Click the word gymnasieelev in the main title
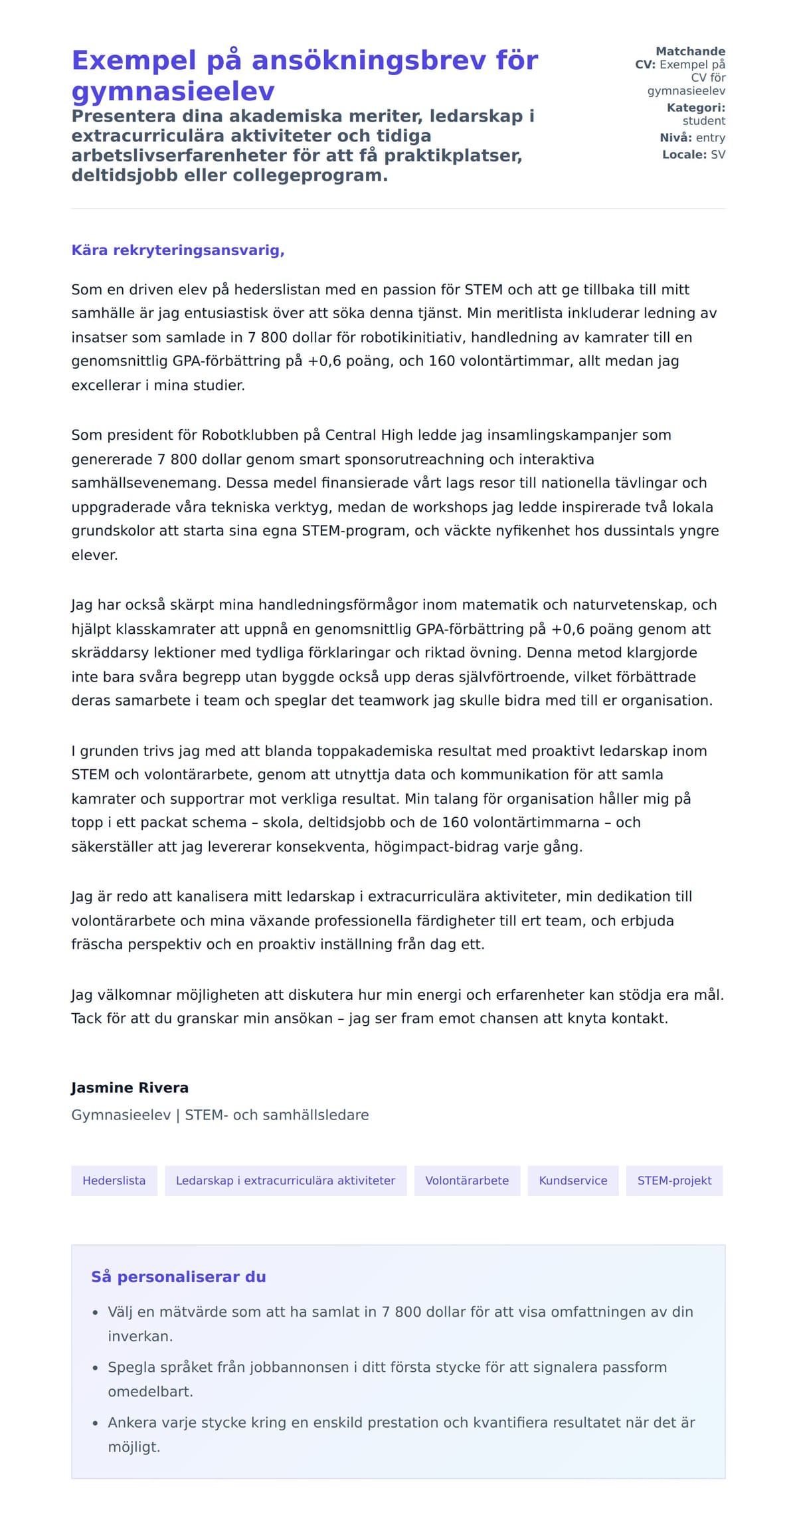pyautogui.click(x=173, y=91)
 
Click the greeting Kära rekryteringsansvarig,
pyautogui.click(x=178, y=250)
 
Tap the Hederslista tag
pyautogui.click(x=114, y=1181)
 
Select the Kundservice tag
pyautogui.click(x=573, y=1181)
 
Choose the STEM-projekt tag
pyautogui.click(x=674, y=1181)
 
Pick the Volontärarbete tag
pyautogui.click(x=467, y=1181)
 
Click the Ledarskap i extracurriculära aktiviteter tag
pyautogui.click(x=286, y=1181)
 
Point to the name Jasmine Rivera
pyautogui.click(x=130, y=1088)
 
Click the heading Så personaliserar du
pyautogui.click(x=178, y=1277)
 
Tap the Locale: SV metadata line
pyautogui.click(x=693, y=155)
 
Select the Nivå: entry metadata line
pyautogui.click(x=692, y=138)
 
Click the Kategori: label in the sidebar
pyautogui.click(x=695, y=108)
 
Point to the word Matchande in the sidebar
pyautogui.click(x=690, y=51)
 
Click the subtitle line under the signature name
pyautogui.click(x=220, y=1115)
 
